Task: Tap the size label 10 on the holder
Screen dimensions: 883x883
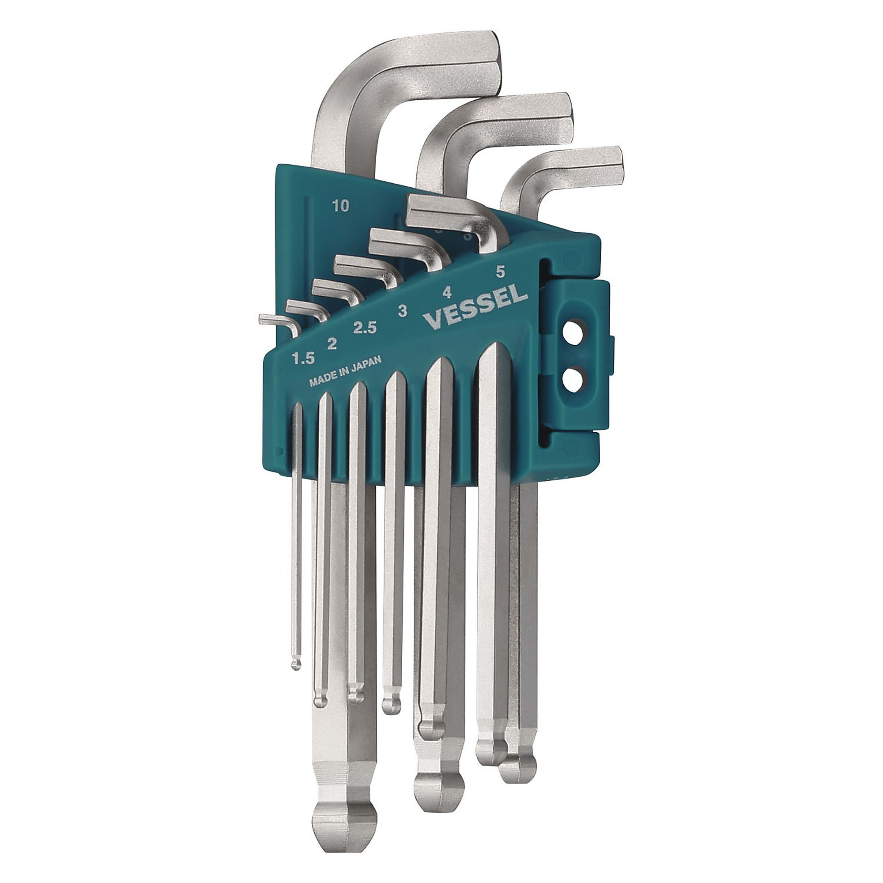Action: pyautogui.click(x=341, y=206)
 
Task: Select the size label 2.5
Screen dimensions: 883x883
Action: pyautogui.click(x=364, y=328)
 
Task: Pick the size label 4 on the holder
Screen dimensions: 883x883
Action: pyautogui.click(x=447, y=293)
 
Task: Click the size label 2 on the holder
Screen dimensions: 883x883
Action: pyautogui.click(x=332, y=343)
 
